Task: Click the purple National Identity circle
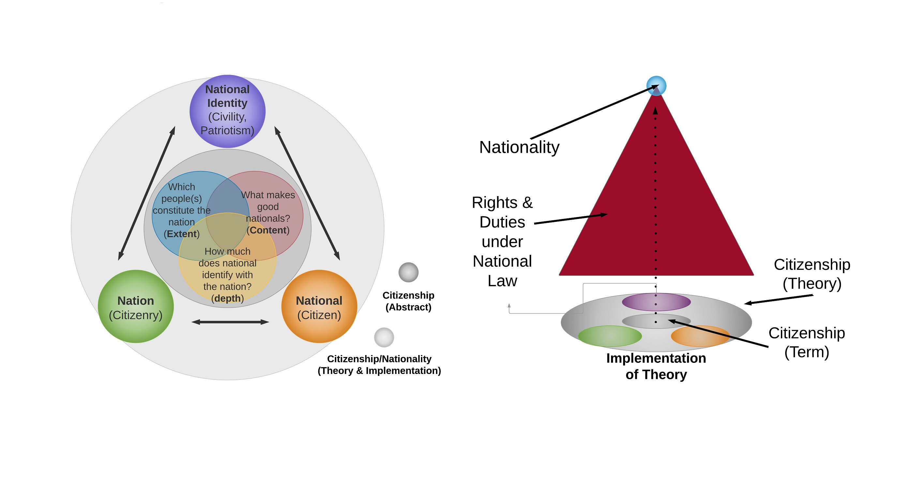(x=228, y=111)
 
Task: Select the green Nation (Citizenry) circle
(x=136, y=306)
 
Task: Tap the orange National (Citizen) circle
(x=319, y=306)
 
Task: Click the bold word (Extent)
(x=182, y=234)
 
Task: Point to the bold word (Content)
(x=268, y=230)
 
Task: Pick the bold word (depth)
(x=228, y=298)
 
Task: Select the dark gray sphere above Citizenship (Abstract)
(x=409, y=272)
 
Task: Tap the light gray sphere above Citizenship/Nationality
(x=384, y=337)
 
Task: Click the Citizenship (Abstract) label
(x=409, y=301)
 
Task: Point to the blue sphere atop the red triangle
(x=656, y=86)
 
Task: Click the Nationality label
(x=519, y=147)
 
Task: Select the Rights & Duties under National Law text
(x=502, y=241)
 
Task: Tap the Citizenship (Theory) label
(x=812, y=274)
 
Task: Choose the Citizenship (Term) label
(x=807, y=342)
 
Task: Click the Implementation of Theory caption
(x=656, y=366)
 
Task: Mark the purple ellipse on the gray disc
(x=656, y=302)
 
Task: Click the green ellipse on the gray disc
(x=610, y=336)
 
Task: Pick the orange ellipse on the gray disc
(x=700, y=336)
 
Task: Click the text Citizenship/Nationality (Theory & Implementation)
(x=379, y=365)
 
